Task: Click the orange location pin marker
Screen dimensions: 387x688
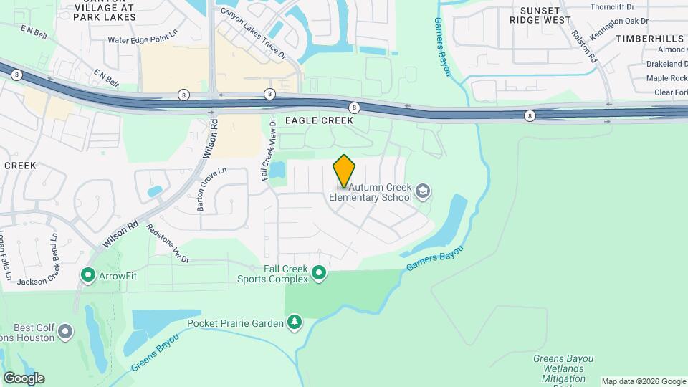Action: click(344, 171)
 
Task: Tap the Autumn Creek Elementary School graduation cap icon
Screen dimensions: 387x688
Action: click(423, 191)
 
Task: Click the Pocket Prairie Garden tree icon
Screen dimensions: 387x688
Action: click(294, 323)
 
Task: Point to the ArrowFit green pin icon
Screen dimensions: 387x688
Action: click(88, 275)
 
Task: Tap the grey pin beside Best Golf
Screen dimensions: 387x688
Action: click(65, 331)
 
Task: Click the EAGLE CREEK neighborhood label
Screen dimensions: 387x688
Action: click(319, 120)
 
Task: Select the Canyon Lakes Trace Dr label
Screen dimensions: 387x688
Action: click(253, 33)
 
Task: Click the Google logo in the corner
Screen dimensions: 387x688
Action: click(24, 378)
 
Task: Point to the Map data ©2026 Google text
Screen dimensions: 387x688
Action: click(644, 381)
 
